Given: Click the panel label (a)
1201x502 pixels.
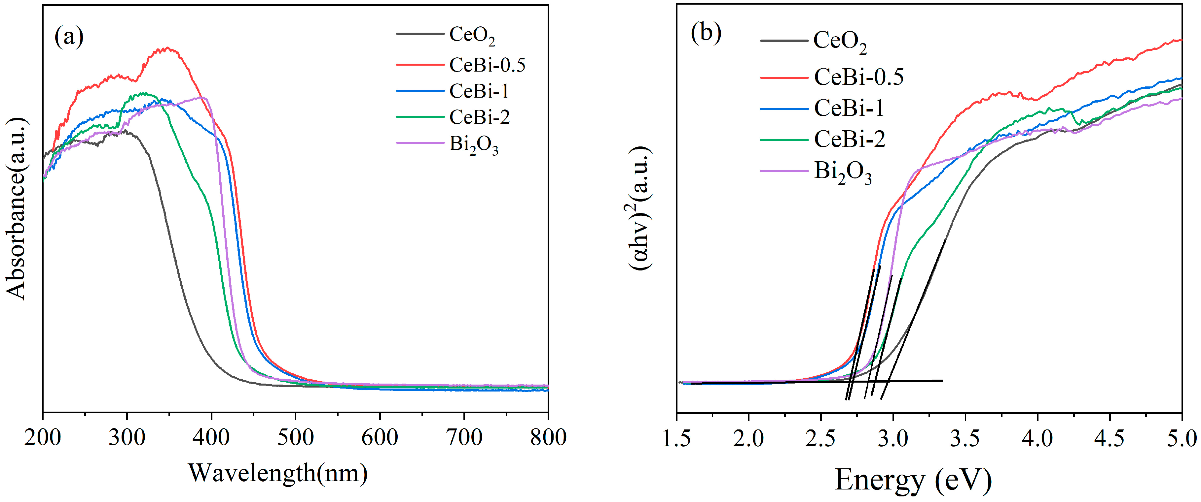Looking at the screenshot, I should (69, 37).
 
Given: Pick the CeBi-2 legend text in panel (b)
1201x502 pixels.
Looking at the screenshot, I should (850, 139).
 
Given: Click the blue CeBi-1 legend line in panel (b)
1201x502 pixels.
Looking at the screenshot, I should (784, 109).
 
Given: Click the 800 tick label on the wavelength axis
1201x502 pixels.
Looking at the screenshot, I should (548, 438).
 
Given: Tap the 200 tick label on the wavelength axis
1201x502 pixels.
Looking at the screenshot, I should (43, 438).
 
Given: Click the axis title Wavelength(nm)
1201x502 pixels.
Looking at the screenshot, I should (277, 473).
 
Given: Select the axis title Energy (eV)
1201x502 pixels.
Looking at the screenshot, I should (913, 480).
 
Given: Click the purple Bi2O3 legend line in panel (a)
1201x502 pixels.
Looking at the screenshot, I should (419, 143).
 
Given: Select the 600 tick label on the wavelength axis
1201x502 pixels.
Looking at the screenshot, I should (380, 438).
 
